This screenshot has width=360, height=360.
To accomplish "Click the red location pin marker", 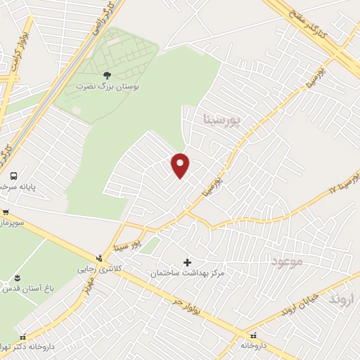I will pos(181,165).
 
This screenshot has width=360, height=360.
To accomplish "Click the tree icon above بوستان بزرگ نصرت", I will pos(106,74).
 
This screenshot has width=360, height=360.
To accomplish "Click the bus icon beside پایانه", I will pos(13,176).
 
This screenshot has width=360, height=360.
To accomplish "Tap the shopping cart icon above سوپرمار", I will pos(5,212).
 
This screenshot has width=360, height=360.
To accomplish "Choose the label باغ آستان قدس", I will pos(16,289).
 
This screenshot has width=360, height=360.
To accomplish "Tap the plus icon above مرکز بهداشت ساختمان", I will pos(187,262).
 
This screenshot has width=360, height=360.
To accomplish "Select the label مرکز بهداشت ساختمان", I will pos(187,272).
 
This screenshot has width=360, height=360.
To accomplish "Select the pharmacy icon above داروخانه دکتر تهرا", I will pos(24,336).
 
